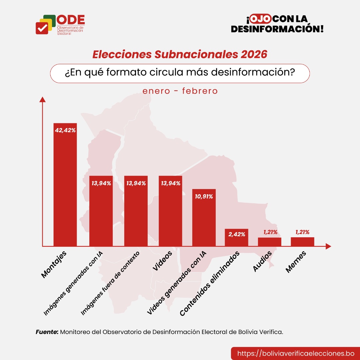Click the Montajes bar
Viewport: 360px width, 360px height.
[x=65, y=185]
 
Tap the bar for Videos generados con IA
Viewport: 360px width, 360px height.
[x=204, y=218]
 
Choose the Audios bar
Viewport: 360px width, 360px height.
[x=269, y=242]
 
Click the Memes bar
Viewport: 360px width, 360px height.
[x=302, y=242]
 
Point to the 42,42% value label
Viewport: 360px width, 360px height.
[x=65, y=130]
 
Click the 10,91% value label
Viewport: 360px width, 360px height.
[x=204, y=197]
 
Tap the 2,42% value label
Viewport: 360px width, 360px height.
[x=237, y=234]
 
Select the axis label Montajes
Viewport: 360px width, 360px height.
[x=54, y=265]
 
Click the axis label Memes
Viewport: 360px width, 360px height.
[x=296, y=262]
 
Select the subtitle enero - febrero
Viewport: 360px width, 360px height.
[x=180, y=91]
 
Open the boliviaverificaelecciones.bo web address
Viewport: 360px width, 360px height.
[x=295, y=353]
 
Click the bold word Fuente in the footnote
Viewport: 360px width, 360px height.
[x=47, y=332]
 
